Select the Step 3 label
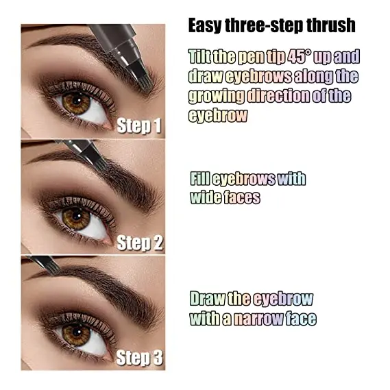(x=139, y=357)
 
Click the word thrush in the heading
(x=328, y=26)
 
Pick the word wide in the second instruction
(x=205, y=197)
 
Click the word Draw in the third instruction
(x=206, y=299)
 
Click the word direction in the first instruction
(x=285, y=95)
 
